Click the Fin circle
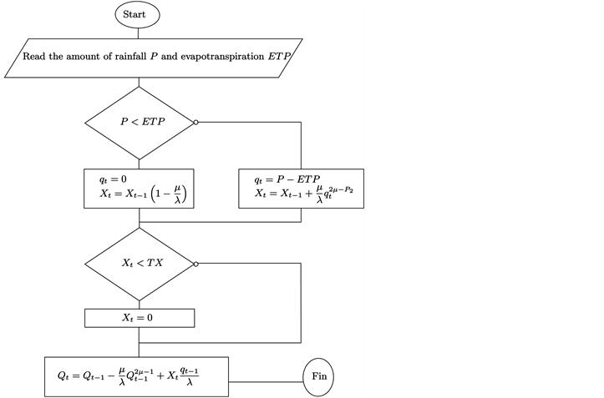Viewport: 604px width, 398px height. (x=319, y=377)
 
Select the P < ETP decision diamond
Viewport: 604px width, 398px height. (x=140, y=122)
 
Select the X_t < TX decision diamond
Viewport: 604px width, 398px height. (x=140, y=264)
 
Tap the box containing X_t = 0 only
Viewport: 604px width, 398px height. (x=140, y=318)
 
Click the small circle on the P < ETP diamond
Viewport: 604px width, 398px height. (x=195, y=122)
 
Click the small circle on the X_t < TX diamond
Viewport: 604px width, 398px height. (x=195, y=264)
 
